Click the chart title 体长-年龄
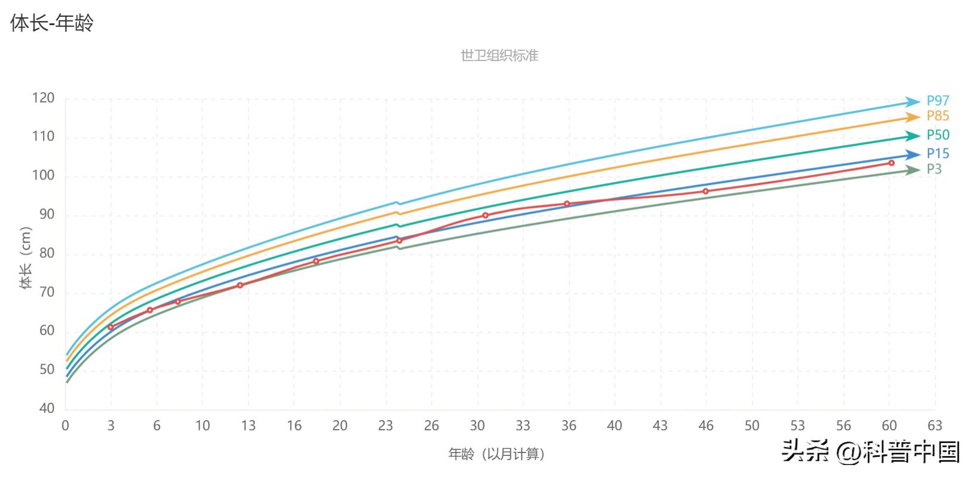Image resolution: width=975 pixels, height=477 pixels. [52, 23]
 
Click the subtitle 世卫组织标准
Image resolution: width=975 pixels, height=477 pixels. [499, 56]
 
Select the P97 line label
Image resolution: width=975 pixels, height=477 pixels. [938, 101]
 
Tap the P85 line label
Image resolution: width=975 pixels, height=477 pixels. [938, 116]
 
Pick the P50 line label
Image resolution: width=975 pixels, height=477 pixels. [938, 135]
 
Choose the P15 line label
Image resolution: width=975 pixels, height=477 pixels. [938, 154]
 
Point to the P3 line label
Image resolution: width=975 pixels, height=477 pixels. [934, 169]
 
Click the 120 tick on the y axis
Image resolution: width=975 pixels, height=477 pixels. [43, 98]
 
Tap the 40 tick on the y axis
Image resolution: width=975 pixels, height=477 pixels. [47, 409]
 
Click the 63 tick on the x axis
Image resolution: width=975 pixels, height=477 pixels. [934, 426]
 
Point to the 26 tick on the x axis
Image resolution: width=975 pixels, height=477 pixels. [431, 426]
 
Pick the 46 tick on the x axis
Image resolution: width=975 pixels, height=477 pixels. [706, 426]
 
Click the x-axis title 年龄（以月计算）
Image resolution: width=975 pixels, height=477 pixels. [498, 454]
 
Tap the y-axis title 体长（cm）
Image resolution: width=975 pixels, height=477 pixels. [25, 258]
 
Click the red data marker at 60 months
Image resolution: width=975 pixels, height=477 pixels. [891, 163]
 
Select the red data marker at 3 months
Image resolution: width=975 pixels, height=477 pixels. [111, 327]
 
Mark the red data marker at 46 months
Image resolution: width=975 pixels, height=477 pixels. [705, 191]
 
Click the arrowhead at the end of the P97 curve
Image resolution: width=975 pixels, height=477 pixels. [913, 102]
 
